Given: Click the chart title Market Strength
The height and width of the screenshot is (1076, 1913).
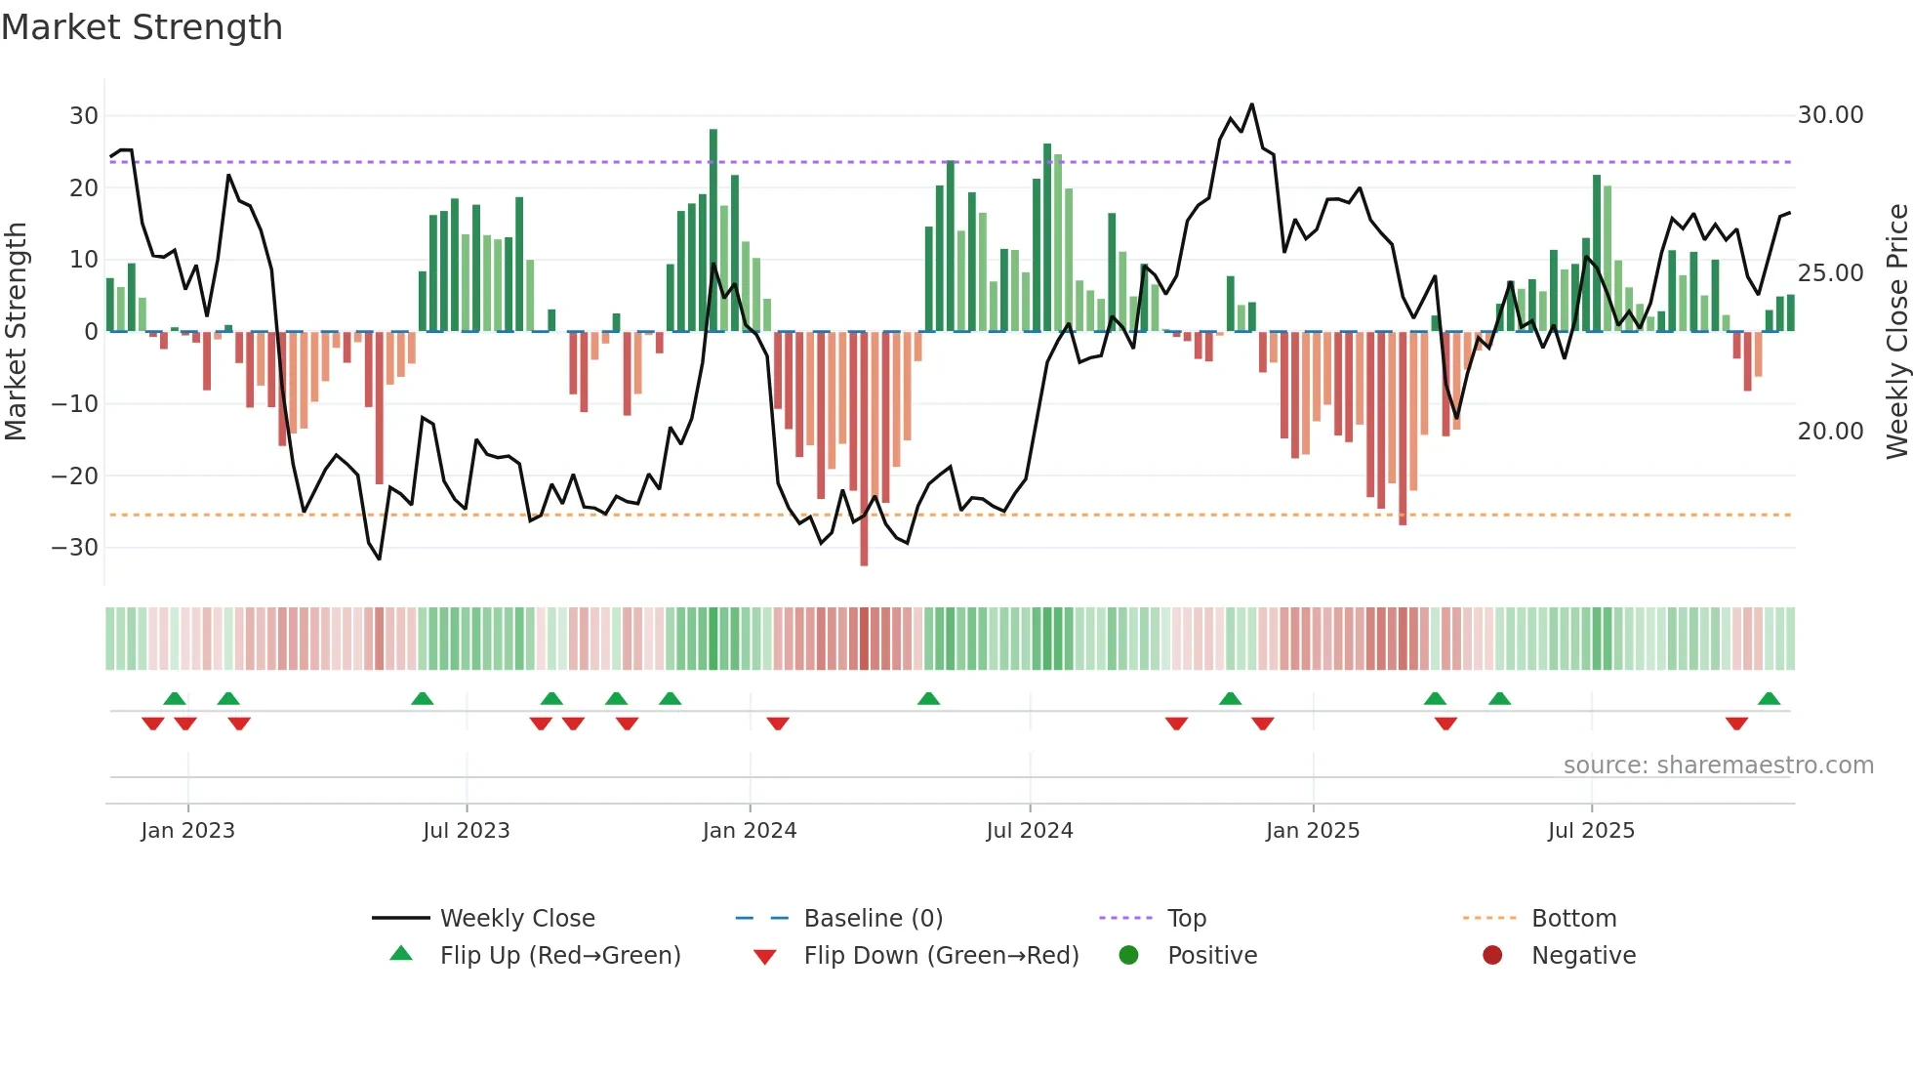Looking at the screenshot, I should pyautogui.click(x=142, y=27).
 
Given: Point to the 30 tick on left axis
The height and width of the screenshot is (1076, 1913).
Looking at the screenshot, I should pyautogui.click(x=84, y=116).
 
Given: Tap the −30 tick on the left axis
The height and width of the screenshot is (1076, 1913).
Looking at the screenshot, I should pyautogui.click(x=76, y=548).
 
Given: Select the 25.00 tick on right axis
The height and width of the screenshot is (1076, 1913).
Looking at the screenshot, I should pyautogui.click(x=1830, y=273).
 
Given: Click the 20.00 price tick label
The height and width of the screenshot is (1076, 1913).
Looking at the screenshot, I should pyautogui.click(x=1830, y=432).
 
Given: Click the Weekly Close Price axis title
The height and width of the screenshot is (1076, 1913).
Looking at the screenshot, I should pyautogui.click(x=1896, y=332).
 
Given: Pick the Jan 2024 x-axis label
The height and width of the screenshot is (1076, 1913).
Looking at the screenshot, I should pyautogui.click(x=750, y=831).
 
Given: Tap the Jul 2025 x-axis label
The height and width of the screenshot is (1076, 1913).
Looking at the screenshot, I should pyautogui.click(x=1591, y=831).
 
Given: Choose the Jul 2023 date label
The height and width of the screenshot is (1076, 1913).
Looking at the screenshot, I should pyautogui.click(x=467, y=831).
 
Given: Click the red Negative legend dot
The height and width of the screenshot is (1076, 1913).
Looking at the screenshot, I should pyautogui.click(x=1492, y=955).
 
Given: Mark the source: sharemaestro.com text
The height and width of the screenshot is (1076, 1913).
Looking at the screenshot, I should pyautogui.click(x=1718, y=766).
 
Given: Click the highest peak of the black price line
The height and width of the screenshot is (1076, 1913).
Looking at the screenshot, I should pyautogui.click(x=1251, y=104).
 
